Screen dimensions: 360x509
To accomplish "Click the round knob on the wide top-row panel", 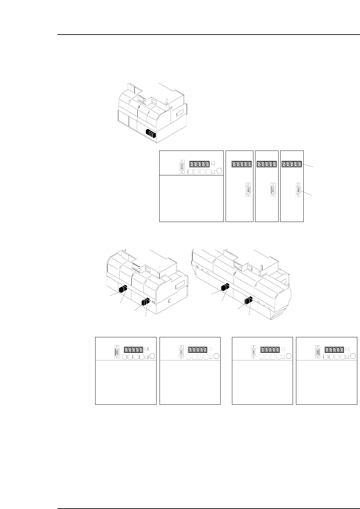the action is (219, 171).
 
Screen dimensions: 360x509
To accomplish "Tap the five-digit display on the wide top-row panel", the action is (200, 164).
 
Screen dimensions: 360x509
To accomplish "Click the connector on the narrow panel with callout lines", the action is (298, 190).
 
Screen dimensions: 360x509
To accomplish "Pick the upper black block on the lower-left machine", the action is (123, 289).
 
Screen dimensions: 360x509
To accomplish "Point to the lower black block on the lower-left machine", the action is (145, 302).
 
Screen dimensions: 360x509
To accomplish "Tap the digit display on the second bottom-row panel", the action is (197, 349).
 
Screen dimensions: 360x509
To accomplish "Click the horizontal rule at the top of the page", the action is (208, 35).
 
